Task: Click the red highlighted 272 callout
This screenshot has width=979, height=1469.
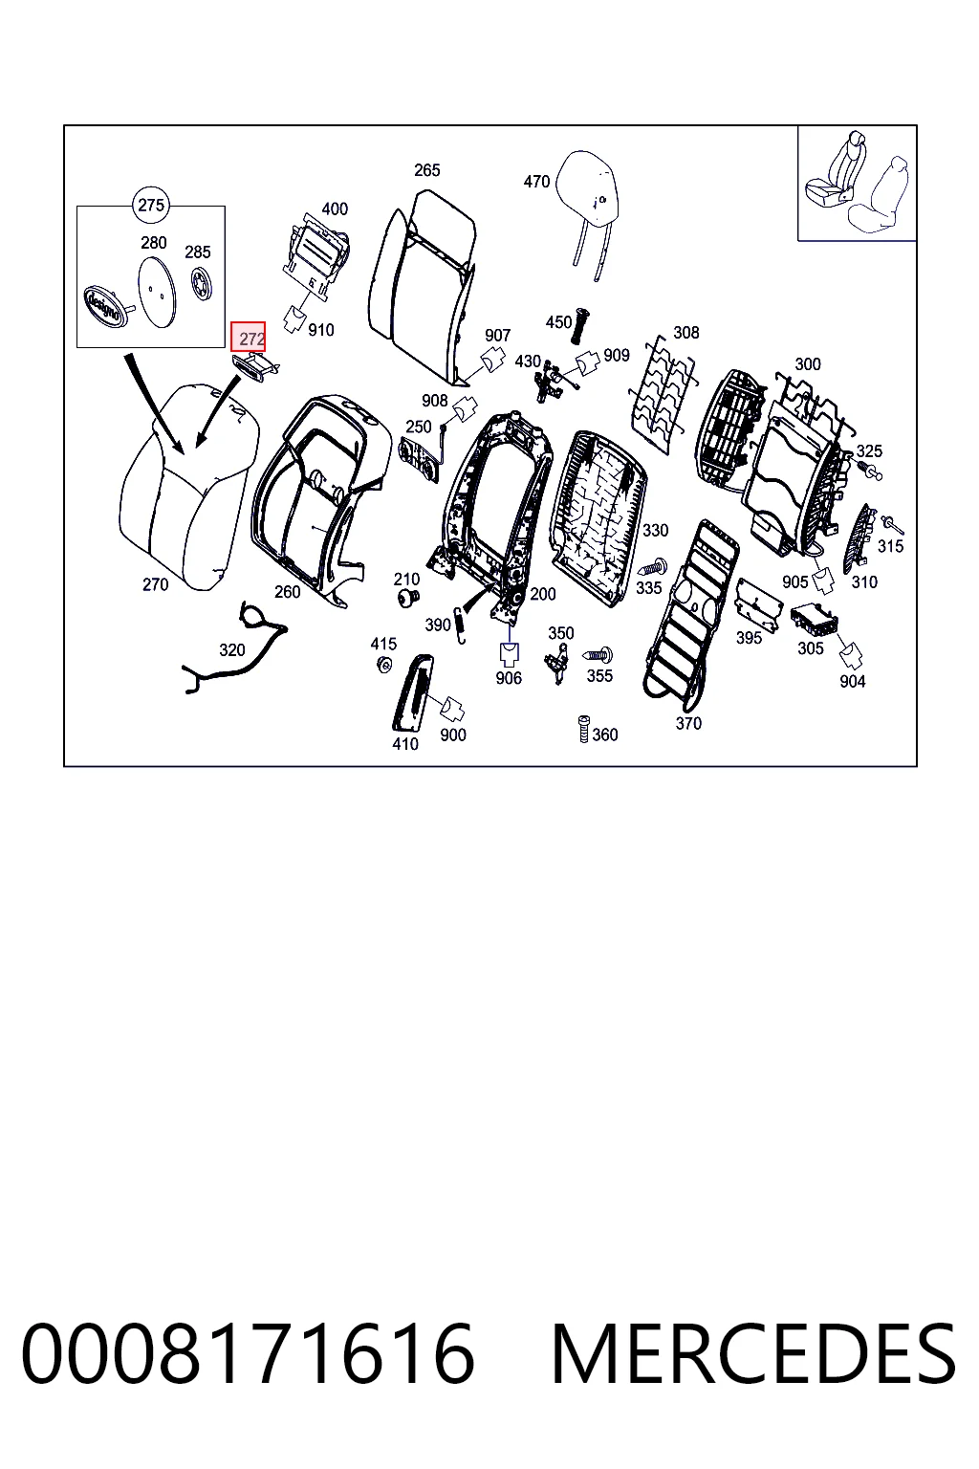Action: click(248, 337)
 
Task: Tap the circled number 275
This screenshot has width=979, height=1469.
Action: click(151, 206)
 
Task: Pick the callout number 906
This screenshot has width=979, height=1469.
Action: click(509, 678)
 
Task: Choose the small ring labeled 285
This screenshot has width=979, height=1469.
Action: click(199, 283)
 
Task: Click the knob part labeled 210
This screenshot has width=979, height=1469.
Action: click(408, 596)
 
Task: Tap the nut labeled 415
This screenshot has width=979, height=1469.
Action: click(384, 665)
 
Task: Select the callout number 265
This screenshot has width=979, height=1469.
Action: click(426, 170)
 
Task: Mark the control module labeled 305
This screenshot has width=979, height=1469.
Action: click(816, 622)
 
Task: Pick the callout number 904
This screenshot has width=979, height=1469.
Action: click(853, 681)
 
